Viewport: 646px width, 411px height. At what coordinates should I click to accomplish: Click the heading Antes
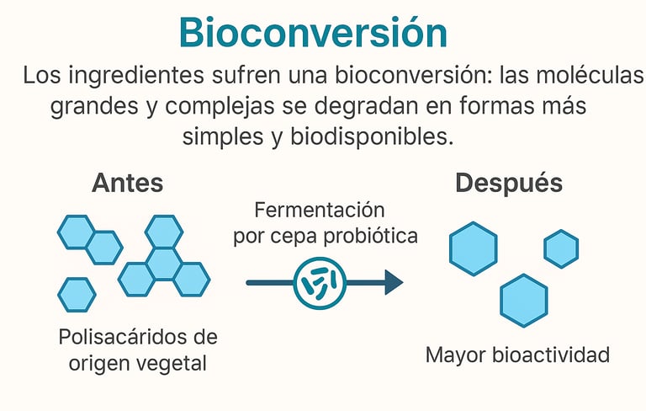click(x=127, y=183)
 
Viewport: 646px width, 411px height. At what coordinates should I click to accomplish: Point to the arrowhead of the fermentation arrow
click(x=393, y=283)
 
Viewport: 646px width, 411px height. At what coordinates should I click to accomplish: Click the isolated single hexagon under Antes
click(x=77, y=295)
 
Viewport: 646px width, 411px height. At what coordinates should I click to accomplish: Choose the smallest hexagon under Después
click(x=561, y=248)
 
